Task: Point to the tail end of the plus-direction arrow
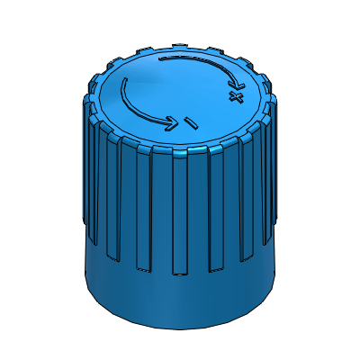click(x=161, y=59)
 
